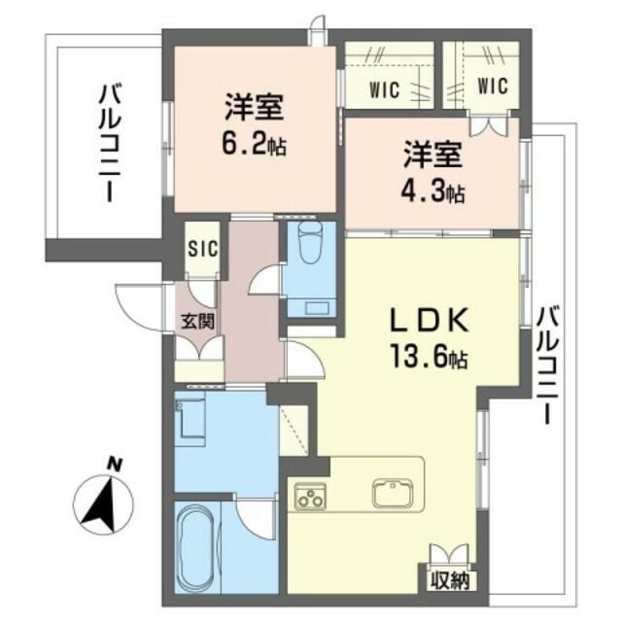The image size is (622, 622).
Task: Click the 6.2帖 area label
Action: pyautogui.click(x=255, y=146)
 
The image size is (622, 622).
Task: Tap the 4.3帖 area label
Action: pyautogui.click(x=432, y=192)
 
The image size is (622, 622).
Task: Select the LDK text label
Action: pyautogui.click(x=430, y=320)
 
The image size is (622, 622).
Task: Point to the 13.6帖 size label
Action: pyautogui.click(x=430, y=357)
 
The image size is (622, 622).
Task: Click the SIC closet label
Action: pyautogui.click(x=203, y=249)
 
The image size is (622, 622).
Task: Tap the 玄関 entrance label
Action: pyautogui.click(x=198, y=322)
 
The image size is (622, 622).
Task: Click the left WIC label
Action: pyautogui.click(x=385, y=89)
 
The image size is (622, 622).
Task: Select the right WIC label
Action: pyautogui.click(x=493, y=86)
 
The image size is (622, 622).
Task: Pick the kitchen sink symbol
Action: pyautogui.click(x=393, y=495)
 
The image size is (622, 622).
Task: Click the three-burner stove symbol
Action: pyautogui.click(x=310, y=496)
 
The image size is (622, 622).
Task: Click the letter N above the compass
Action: pyautogui.click(x=115, y=465)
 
